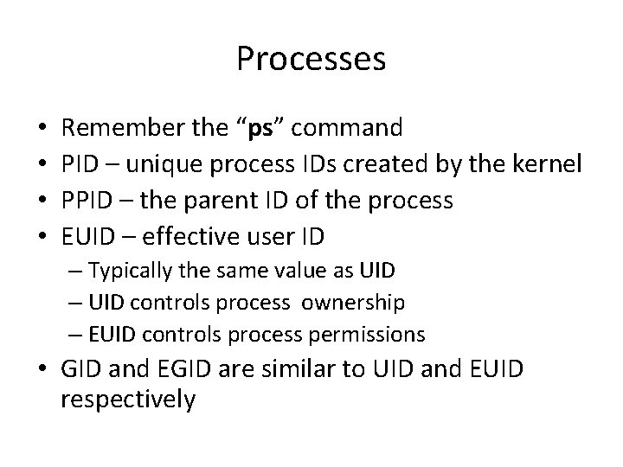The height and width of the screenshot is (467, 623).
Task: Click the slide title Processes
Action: [x=311, y=60]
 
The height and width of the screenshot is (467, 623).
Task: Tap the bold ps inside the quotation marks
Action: [x=260, y=130]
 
